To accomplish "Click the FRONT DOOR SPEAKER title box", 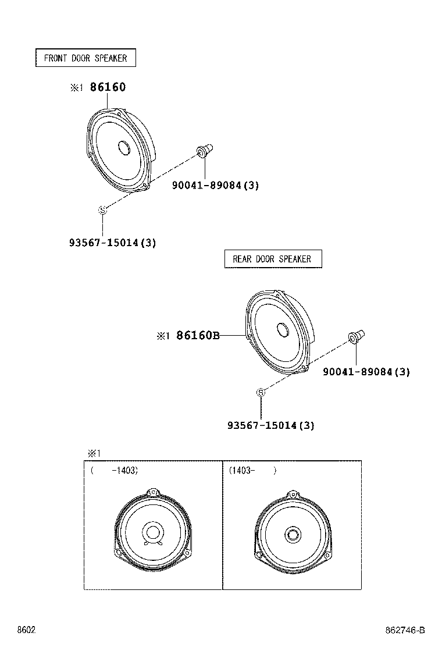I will coord(85,58).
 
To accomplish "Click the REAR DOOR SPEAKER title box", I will coord(272,259).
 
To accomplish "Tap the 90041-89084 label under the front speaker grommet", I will coord(215,186).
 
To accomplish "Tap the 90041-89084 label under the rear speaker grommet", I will coord(366,372).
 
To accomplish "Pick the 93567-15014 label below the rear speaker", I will coord(270,425).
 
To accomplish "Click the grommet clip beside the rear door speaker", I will coord(356,337).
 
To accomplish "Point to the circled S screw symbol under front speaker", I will coord(102,210).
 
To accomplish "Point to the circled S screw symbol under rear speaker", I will coord(261,393).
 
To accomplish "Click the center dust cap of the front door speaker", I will coord(124,148).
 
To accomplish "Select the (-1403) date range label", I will coord(114,471).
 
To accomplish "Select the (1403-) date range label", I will coord(251,471).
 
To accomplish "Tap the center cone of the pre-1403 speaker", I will coord(153,532).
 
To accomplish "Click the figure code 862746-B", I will coord(405,631).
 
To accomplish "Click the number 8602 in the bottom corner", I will coord(26,631).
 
